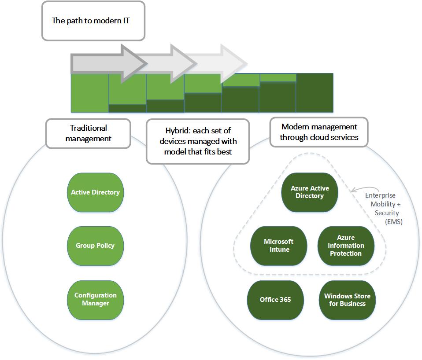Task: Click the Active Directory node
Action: point(95,192)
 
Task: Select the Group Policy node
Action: point(95,246)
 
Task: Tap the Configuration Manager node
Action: point(95,299)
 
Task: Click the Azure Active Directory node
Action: point(310,192)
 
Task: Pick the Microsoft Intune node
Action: point(278,246)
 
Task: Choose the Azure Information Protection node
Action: point(346,246)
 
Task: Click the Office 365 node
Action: point(275,300)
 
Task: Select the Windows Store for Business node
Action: point(347,300)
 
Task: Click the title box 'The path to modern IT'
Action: point(93,21)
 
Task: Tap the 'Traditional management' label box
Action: point(88,133)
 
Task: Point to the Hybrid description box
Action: point(198,141)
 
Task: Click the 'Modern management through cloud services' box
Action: point(319,132)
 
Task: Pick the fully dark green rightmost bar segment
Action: point(315,93)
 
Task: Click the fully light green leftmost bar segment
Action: point(89,93)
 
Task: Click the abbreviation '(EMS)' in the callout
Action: point(393,221)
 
